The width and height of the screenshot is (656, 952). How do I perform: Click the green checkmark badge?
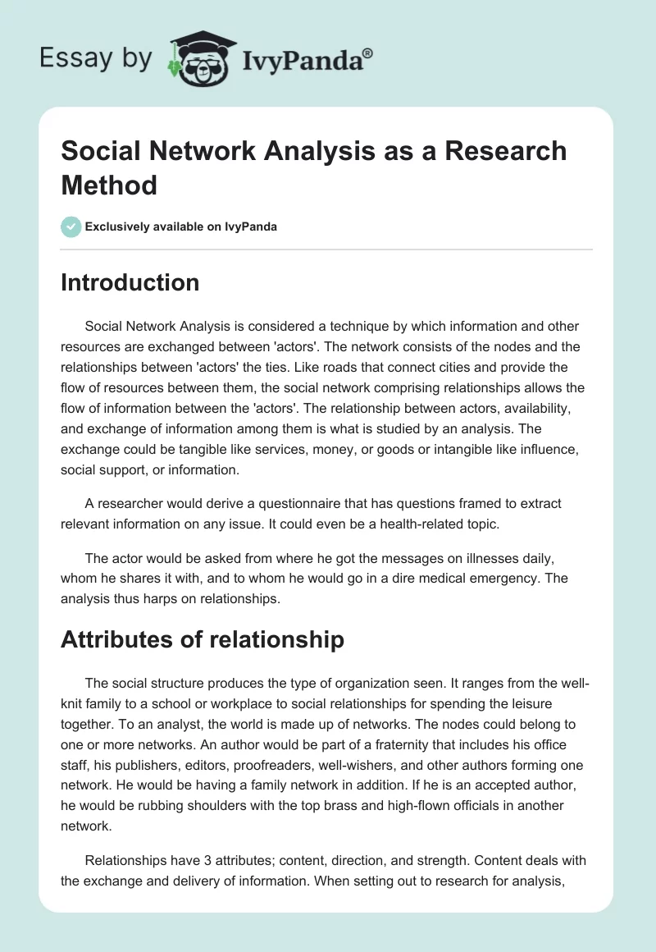point(71,227)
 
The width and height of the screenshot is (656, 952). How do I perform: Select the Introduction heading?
point(130,282)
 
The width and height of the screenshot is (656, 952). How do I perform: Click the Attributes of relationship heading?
point(202,639)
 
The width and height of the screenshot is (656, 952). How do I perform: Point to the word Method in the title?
point(109,185)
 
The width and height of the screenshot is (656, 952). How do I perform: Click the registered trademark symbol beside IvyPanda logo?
point(368,53)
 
